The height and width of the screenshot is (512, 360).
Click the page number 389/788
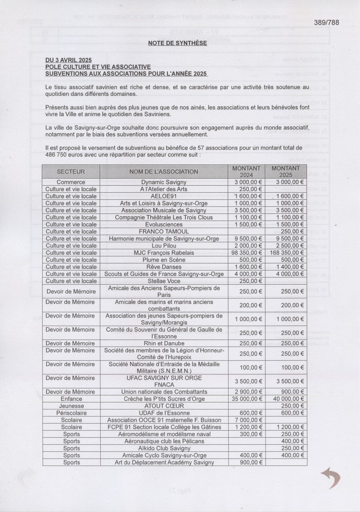(x=327, y=23)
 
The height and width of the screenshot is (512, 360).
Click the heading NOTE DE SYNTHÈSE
(x=177, y=43)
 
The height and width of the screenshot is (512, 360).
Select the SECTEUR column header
(x=71, y=172)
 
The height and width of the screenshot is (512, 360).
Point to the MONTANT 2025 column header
(x=286, y=172)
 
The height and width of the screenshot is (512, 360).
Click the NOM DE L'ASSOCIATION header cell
(x=164, y=172)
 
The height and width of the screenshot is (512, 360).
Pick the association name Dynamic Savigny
(x=164, y=182)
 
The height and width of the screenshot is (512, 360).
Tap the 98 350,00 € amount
(x=247, y=252)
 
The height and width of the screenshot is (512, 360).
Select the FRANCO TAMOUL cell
(x=164, y=231)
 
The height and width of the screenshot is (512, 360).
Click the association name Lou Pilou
(x=164, y=245)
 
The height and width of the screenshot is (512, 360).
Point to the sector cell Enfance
(x=71, y=399)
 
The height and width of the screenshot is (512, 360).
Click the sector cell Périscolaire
(x=71, y=413)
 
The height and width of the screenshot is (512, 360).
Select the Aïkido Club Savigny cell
(x=164, y=448)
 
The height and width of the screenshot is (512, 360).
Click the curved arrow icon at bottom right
(x=331, y=478)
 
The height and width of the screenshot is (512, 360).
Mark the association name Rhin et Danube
(x=164, y=344)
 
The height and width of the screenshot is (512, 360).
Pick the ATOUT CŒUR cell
(x=164, y=406)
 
